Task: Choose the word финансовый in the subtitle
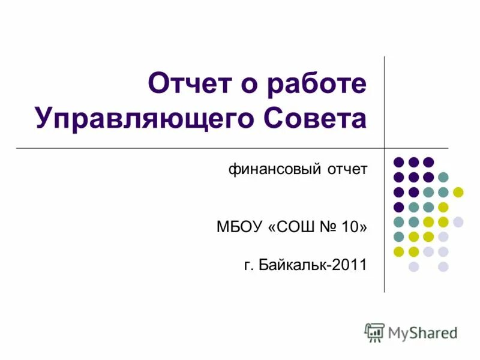click(x=274, y=169)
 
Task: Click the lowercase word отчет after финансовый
click(x=347, y=169)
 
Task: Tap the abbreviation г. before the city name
click(x=249, y=264)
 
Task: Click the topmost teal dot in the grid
click(x=443, y=177)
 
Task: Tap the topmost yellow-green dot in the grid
click(x=458, y=192)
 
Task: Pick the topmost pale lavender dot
click(x=458, y=222)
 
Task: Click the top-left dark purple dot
click(x=398, y=162)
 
